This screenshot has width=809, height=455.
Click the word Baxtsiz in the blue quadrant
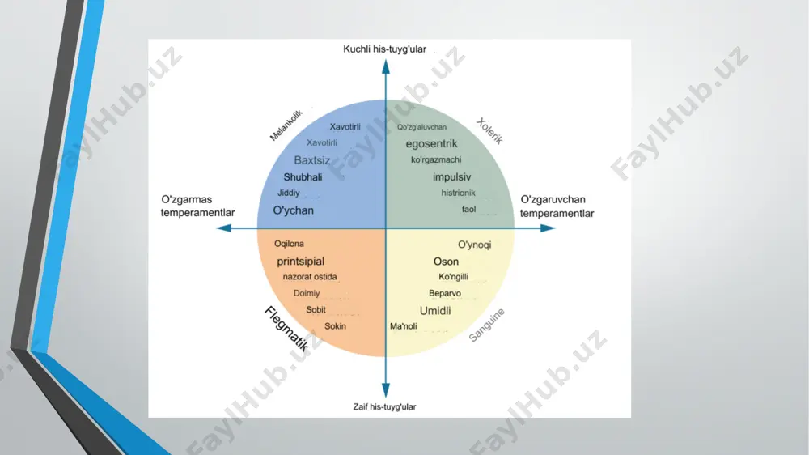(312, 160)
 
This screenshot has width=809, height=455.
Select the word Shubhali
(303, 177)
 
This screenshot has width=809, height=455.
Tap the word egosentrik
(431, 143)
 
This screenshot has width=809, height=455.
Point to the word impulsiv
(452, 176)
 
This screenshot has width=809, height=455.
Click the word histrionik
(458, 193)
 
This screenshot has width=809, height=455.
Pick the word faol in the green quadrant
(469, 209)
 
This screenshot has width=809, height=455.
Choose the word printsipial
(301, 262)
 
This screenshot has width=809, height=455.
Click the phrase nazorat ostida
(310, 277)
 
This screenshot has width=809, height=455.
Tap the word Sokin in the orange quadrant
(336, 326)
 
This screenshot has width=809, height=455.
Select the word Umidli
(435, 310)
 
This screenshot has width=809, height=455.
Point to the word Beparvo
(445, 293)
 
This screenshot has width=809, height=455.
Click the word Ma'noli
(404, 326)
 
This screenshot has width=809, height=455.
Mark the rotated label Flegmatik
(287, 329)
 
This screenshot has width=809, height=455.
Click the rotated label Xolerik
(489, 131)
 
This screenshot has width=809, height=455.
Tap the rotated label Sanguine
(486, 325)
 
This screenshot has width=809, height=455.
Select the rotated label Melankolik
(286, 125)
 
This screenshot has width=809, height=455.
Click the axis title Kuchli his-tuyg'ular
(385, 49)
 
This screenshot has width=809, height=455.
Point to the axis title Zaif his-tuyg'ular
(384, 406)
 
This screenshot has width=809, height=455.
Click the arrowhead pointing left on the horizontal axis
(223, 227)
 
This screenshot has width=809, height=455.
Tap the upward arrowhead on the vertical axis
(385, 66)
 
